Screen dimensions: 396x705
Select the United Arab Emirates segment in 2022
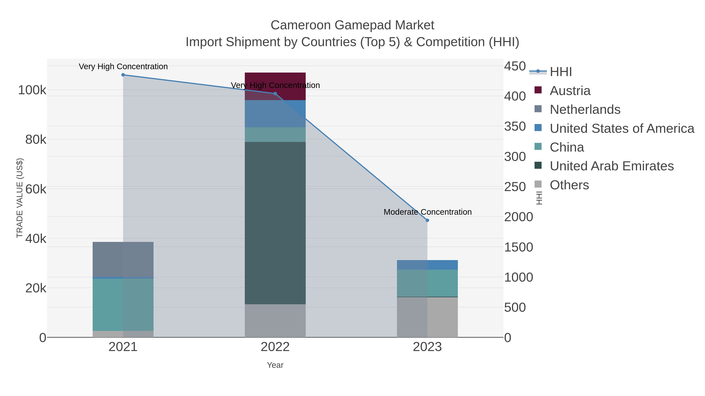pos(275,223)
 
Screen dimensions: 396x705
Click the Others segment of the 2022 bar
pos(275,321)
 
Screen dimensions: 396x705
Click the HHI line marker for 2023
pos(427,220)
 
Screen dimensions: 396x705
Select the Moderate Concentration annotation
pos(428,212)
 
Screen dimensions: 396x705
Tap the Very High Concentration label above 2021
pos(123,66)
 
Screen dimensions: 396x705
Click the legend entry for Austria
pos(570,91)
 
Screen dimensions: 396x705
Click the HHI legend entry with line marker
pos(560,72)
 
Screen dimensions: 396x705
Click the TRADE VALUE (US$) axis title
pos(20,198)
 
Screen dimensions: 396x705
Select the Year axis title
pos(275,365)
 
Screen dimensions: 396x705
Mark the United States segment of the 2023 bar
pos(427,265)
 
